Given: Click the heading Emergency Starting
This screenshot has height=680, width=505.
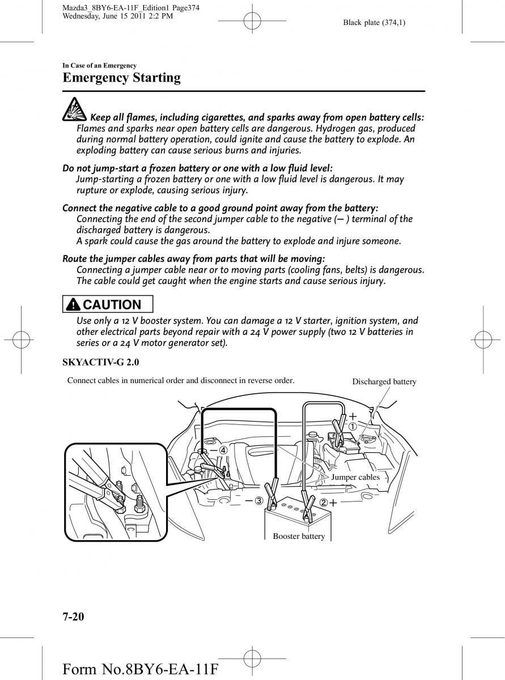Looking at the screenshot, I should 121,78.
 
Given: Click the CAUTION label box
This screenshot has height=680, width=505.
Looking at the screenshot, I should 109,305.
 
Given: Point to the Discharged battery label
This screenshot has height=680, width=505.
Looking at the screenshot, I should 384,382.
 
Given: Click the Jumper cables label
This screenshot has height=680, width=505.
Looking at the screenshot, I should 355,477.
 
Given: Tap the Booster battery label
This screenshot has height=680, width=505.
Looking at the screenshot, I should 299,536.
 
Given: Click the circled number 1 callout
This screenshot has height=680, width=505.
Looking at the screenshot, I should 353,426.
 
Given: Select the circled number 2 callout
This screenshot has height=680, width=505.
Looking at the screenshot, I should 323,503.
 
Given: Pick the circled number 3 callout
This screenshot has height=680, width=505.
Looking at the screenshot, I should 258,500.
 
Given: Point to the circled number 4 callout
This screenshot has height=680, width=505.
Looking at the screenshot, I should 223,450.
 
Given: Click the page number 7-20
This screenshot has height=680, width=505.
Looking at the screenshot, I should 74,617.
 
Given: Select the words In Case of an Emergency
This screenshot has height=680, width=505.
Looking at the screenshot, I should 99,66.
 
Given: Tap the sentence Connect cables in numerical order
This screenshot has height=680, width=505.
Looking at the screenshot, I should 181,380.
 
